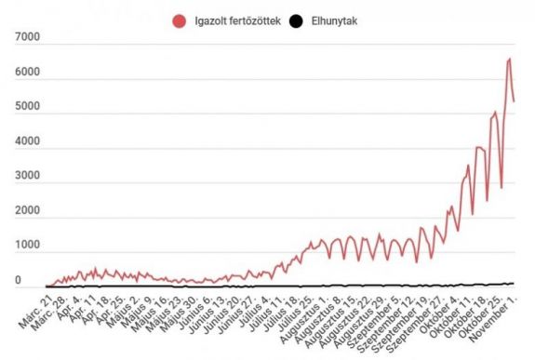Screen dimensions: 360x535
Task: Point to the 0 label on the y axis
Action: [18, 280]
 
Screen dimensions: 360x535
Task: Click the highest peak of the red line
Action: [509, 60]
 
